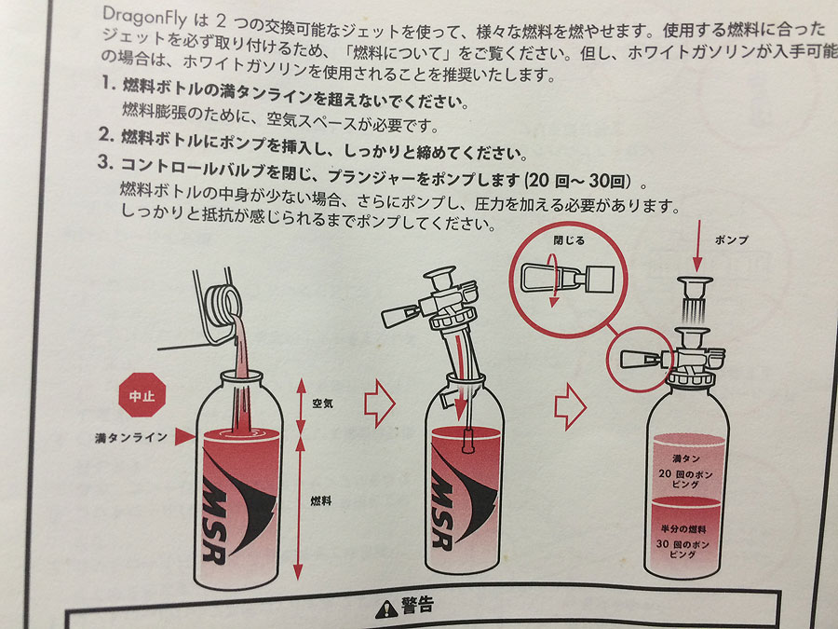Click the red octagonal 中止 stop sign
click(142, 395)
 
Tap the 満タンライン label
click(131, 438)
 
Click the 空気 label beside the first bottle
click(322, 403)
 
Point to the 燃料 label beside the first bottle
click(320, 500)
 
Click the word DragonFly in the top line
click(144, 17)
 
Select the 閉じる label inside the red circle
click(569, 240)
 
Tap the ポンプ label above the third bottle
click(731, 240)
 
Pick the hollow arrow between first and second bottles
click(380, 403)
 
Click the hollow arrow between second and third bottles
click(570, 406)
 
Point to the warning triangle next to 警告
click(385, 609)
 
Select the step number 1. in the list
click(109, 83)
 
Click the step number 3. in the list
click(105, 162)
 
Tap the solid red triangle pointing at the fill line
click(185, 436)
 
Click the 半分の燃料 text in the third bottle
click(683, 529)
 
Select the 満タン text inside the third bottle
click(685, 458)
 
